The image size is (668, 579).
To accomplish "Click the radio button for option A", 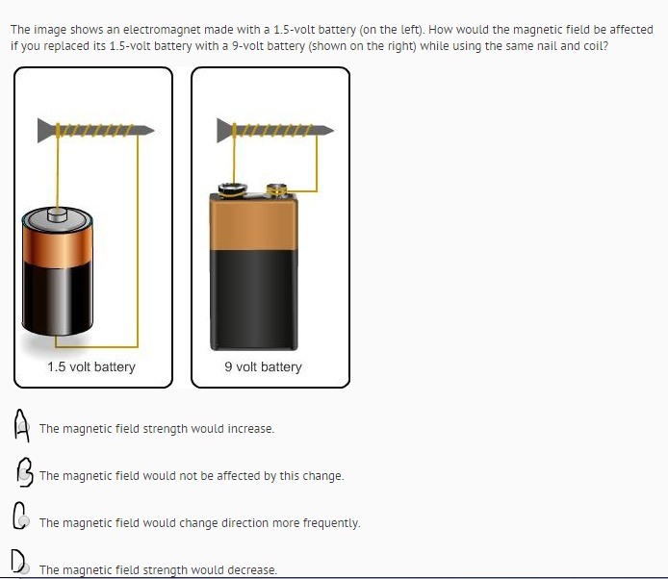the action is [24, 427].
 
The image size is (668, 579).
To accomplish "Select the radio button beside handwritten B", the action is [25, 474].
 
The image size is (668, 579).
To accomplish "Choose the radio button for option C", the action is [24, 521].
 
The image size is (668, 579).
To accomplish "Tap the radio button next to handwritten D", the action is [25, 568].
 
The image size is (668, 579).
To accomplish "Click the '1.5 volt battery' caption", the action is [91, 366].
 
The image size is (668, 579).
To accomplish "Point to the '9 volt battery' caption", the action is [264, 366].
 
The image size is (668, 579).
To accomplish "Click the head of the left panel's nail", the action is [46, 130].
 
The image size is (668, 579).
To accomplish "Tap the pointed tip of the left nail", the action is [153, 130].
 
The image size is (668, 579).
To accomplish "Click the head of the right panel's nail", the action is [225, 130].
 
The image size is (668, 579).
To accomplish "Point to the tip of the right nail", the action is [333, 130].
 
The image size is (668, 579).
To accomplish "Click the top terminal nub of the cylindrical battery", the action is [57, 214].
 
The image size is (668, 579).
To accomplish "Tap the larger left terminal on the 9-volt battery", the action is [233, 189].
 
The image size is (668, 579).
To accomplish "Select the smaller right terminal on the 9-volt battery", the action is [277, 189].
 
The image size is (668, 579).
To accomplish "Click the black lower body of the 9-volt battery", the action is [254, 300].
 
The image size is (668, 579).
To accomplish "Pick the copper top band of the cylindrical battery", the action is [57, 246].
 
